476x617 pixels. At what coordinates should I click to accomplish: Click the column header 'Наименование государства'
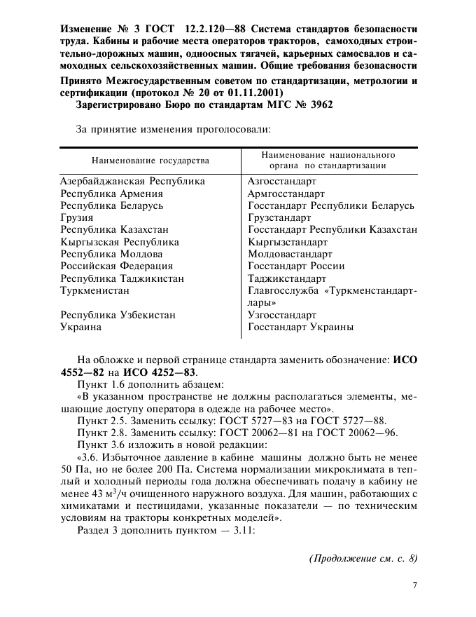[x=150, y=161]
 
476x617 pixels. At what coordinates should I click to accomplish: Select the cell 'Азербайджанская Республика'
[x=132, y=181]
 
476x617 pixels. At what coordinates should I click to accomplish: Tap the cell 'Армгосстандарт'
[x=286, y=194]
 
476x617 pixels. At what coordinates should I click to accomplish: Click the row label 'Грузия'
[x=77, y=217]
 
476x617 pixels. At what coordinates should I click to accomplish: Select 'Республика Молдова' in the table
[x=112, y=254]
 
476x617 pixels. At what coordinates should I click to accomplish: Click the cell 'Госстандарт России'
[x=296, y=266]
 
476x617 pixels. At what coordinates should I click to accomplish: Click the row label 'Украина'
[x=81, y=327]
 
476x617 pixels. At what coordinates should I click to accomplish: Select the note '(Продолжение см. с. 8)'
[x=363, y=559]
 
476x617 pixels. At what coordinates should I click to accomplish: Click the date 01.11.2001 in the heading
[x=253, y=93]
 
